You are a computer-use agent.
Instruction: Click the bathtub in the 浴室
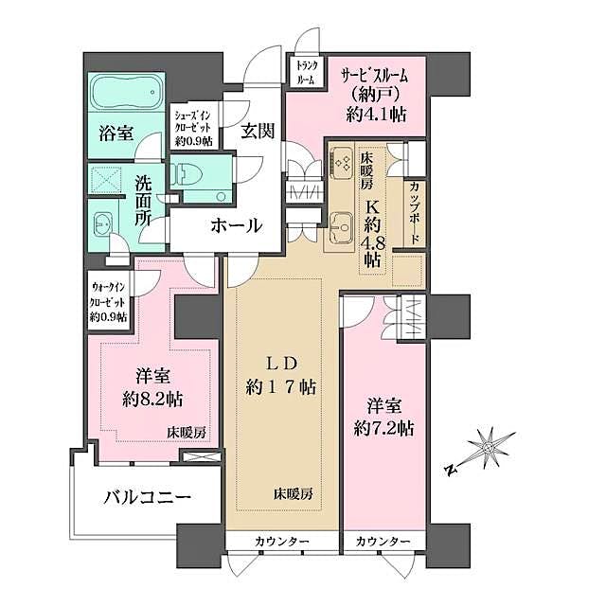tap(127, 95)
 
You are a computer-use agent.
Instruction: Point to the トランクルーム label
tap(306, 73)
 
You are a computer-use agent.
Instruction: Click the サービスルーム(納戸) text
tap(375, 83)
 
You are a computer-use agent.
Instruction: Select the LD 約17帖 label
tap(283, 375)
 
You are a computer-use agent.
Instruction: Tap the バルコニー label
tap(148, 496)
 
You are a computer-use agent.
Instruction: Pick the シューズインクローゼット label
tap(193, 127)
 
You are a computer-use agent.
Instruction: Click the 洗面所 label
tap(143, 201)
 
